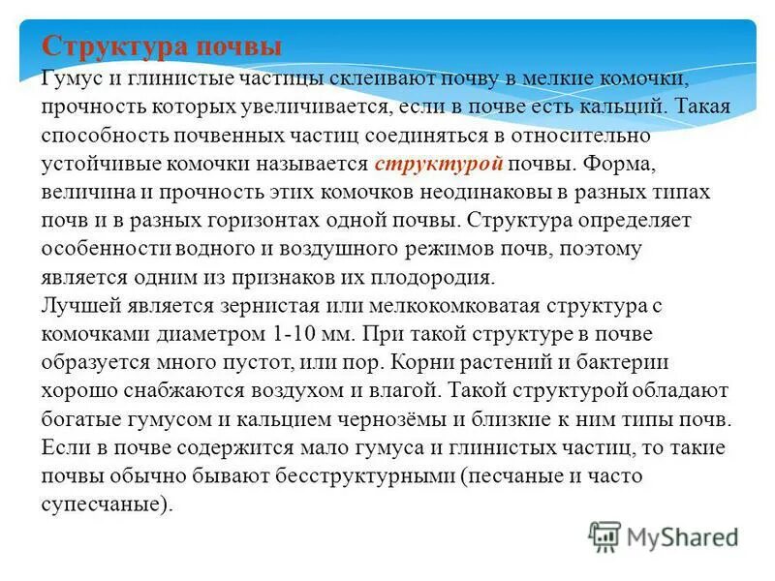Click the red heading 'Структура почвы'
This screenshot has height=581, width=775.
(x=163, y=46)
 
